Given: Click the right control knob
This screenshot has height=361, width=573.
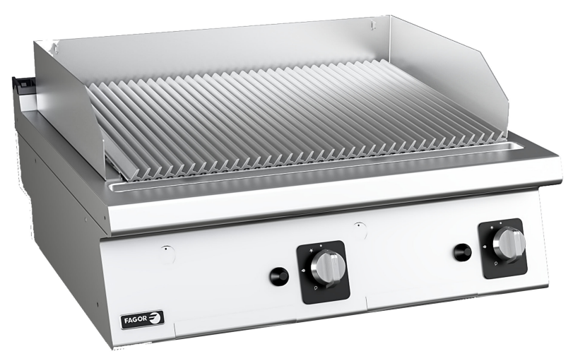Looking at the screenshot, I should [x=509, y=244].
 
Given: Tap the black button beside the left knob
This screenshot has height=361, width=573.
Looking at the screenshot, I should [x=278, y=276].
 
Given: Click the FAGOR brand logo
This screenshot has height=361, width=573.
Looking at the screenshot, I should [x=142, y=317].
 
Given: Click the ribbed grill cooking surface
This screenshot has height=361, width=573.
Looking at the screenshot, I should [x=297, y=113].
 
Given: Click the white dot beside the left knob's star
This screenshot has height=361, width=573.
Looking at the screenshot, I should [x=321, y=246].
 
